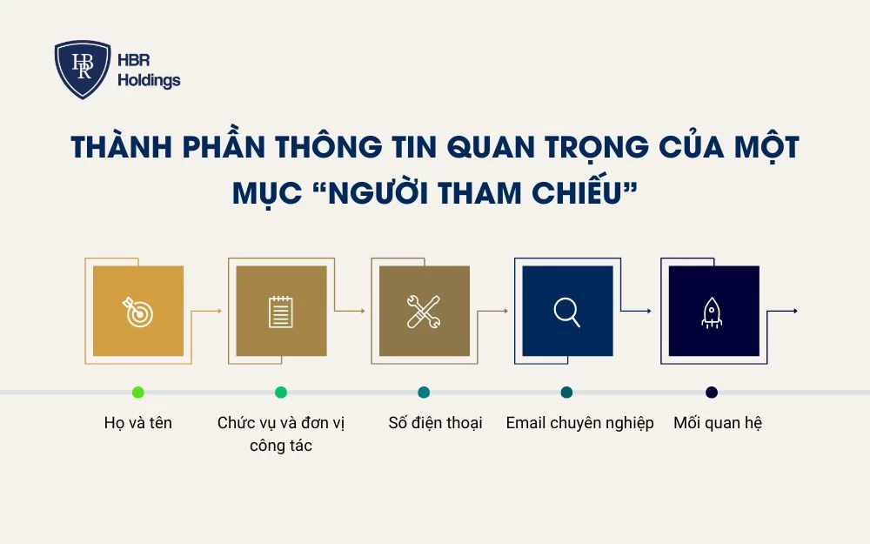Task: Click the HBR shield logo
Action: point(83,70)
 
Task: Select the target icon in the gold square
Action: point(138,312)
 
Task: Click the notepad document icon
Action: point(281,312)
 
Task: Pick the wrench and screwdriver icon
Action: point(424,312)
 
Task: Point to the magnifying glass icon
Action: point(567,312)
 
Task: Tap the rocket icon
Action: point(712,312)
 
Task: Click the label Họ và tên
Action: point(138,423)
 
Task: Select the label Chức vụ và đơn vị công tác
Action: point(281,434)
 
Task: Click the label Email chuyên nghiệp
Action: point(579,423)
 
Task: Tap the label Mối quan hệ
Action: point(718,423)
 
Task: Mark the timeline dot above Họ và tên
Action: point(138,393)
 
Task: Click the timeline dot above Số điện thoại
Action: point(424,393)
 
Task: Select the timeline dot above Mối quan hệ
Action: point(712,393)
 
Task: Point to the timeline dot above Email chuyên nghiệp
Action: point(567,393)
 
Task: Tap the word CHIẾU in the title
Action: point(578,194)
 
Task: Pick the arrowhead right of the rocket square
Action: point(794,312)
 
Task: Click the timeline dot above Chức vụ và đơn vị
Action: point(281,393)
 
